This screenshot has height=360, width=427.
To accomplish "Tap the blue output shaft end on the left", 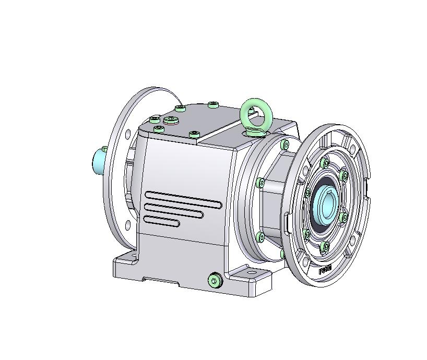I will tap(98, 161).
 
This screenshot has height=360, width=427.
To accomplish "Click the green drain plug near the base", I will tap(215, 281).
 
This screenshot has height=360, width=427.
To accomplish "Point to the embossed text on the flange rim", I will tap(325, 270).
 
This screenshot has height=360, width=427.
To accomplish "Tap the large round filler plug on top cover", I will tap(171, 121).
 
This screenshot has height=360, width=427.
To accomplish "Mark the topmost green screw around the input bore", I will tap(326, 163).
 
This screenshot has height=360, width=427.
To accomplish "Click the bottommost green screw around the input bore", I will tap(325, 246).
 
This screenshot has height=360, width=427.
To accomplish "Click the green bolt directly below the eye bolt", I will tap(284, 145).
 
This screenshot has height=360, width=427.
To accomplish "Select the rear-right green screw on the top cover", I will tap(213, 105).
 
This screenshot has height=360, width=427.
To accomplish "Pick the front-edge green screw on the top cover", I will tap(194, 135).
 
